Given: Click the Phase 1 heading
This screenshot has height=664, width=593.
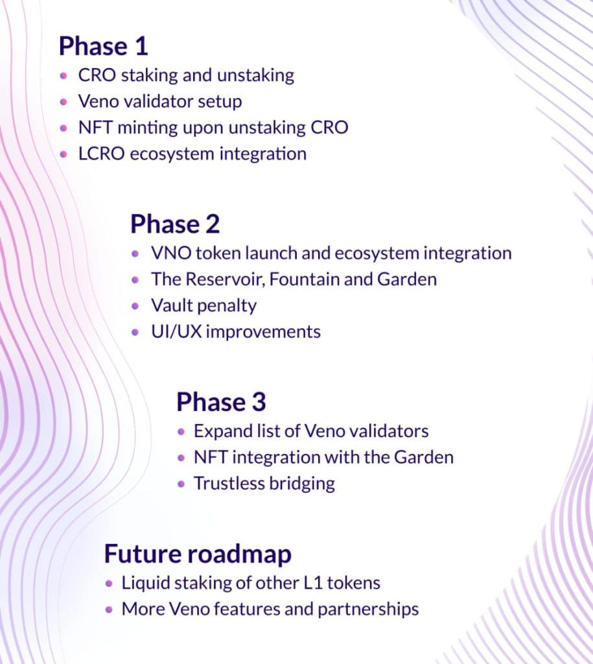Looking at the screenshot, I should click(103, 46).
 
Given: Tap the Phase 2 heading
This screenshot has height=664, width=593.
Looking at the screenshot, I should click(175, 224).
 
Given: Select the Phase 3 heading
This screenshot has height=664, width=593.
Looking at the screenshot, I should click(221, 402).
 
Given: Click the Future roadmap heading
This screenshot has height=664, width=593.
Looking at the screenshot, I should click(198, 554).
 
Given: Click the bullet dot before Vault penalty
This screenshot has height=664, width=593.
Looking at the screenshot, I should click(135, 305).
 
